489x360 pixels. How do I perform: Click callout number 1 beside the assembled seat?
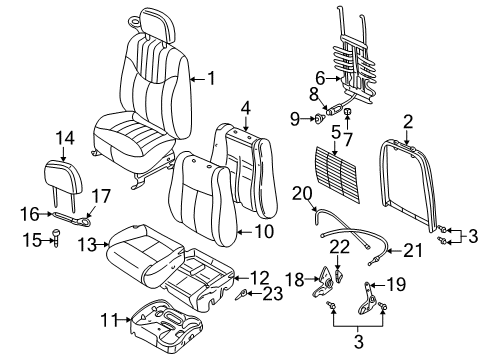click(x=210, y=78)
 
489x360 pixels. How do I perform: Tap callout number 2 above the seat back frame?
click(x=407, y=122)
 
